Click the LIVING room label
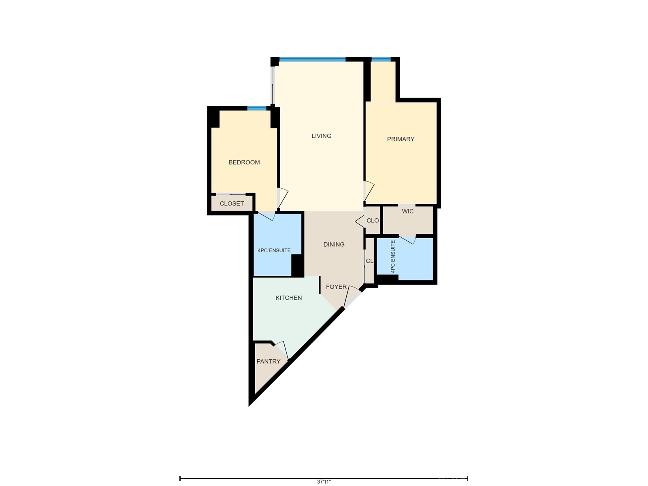(x=321, y=136)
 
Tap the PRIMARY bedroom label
(x=401, y=139)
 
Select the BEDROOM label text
(x=244, y=162)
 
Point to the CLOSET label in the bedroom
(x=232, y=204)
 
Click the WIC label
(x=408, y=211)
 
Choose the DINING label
(x=334, y=245)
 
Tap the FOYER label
(x=336, y=287)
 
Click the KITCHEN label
(x=288, y=298)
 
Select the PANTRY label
(x=269, y=362)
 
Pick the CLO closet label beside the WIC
(x=373, y=221)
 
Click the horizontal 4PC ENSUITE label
(x=274, y=251)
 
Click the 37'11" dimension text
(x=324, y=482)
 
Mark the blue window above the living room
(x=312, y=60)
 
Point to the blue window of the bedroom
(x=257, y=108)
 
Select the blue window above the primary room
(x=381, y=60)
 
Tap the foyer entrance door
(x=351, y=298)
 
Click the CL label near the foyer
(x=369, y=261)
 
